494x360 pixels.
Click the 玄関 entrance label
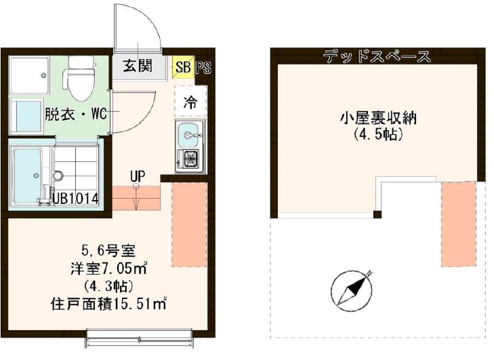click(x=138, y=66)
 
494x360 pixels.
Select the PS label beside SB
click(x=203, y=67)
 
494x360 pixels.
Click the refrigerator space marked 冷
click(x=191, y=103)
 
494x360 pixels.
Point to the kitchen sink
click(x=190, y=136)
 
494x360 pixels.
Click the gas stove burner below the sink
click(x=190, y=161)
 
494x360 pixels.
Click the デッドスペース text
click(x=376, y=56)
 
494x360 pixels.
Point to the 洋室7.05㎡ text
click(x=108, y=267)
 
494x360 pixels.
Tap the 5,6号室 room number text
click(x=108, y=249)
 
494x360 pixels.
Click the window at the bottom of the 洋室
click(x=140, y=334)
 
